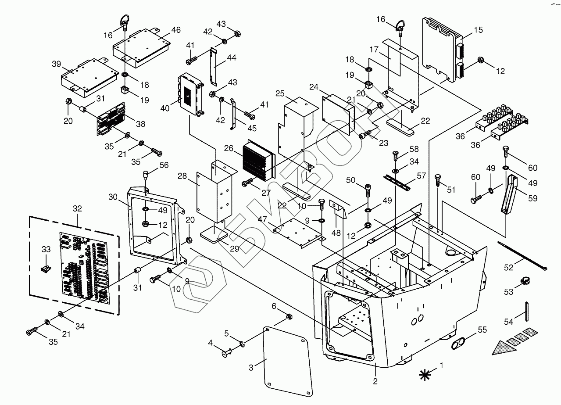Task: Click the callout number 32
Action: click(x=77, y=209)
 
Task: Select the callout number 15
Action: click(x=478, y=30)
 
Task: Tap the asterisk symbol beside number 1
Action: click(x=425, y=374)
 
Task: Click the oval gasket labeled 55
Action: click(x=458, y=344)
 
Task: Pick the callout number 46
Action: click(x=175, y=30)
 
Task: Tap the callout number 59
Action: click(x=532, y=198)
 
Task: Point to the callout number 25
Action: click(x=281, y=93)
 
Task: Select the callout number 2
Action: click(x=375, y=381)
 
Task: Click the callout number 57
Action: click(x=421, y=176)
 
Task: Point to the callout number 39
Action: click(x=56, y=64)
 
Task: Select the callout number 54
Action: click(x=508, y=322)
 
